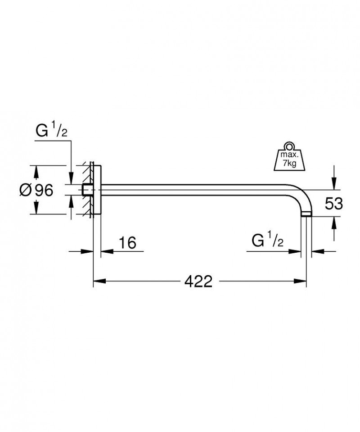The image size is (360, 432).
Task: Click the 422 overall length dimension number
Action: [x=198, y=282]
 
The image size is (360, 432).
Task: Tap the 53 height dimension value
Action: [x=333, y=204]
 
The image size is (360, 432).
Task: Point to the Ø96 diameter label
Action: [x=36, y=190]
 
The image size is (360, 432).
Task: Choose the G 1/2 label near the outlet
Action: [x=267, y=241]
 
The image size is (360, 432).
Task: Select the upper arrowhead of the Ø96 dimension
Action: [x=36, y=170]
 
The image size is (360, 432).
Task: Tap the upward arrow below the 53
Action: [x=333, y=223]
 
